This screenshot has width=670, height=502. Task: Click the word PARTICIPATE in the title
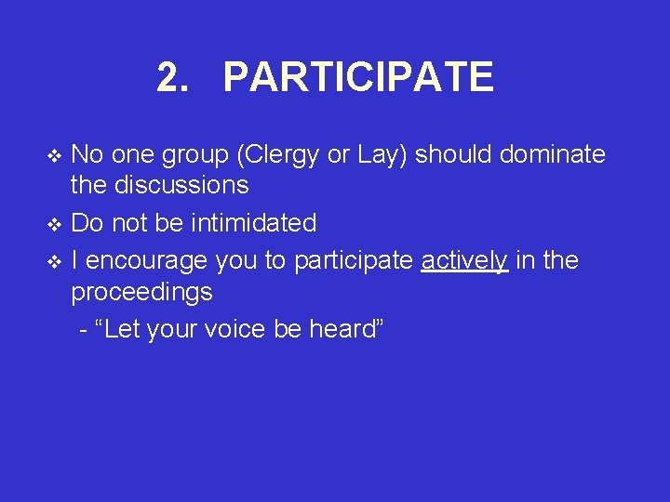pos(358,77)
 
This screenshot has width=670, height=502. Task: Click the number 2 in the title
pos(168,77)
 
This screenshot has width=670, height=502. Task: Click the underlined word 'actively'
pos(464,261)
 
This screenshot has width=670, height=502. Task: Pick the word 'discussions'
pos(181,185)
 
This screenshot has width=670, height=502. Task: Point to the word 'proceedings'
pos(142,293)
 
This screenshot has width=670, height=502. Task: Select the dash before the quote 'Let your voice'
pos(85,331)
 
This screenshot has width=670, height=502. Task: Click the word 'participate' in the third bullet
pos(353,262)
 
